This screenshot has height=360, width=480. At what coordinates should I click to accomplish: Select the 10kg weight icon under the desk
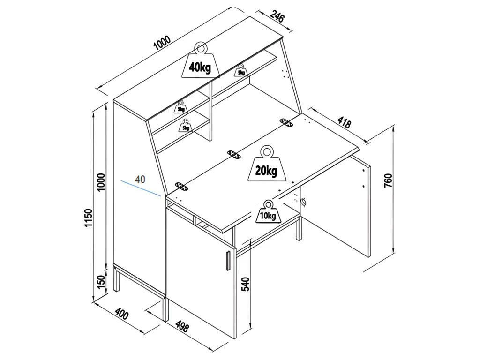click(268, 212)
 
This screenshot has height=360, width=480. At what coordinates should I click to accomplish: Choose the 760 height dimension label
click(388, 180)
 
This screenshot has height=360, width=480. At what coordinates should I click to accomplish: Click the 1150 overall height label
click(89, 217)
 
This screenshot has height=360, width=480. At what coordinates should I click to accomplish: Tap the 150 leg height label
click(101, 281)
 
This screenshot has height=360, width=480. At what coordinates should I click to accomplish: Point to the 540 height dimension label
click(246, 285)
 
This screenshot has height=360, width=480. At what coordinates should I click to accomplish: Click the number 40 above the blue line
click(140, 179)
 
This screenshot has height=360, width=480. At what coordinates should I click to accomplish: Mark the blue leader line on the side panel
click(141, 187)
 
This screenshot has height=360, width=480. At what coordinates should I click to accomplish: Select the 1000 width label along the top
click(162, 43)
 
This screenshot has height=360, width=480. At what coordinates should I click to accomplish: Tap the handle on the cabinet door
click(227, 260)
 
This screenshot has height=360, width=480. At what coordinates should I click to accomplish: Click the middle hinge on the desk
click(233, 154)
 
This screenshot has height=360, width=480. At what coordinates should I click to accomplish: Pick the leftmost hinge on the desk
click(181, 187)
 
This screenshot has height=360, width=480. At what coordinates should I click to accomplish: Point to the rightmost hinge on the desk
click(286, 122)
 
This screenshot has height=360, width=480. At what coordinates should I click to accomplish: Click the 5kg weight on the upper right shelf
click(241, 70)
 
